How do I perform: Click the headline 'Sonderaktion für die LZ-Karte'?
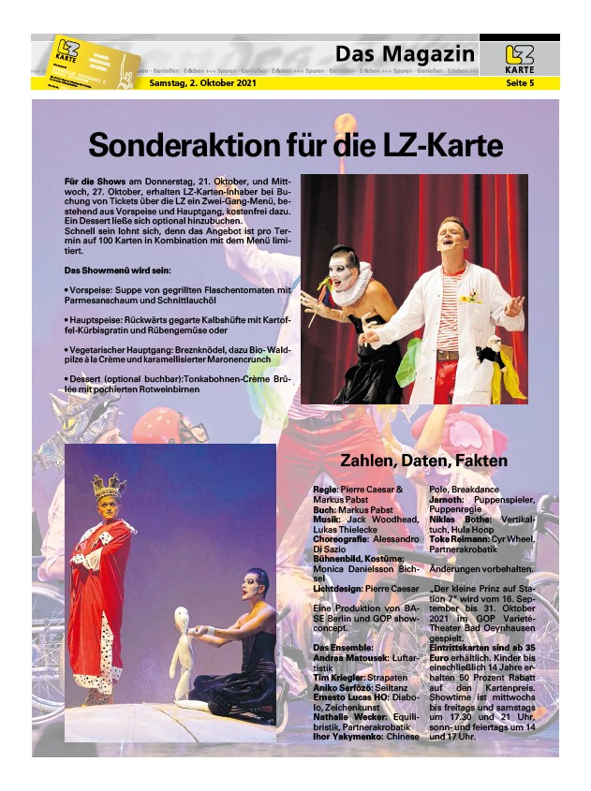pyautogui.click(x=295, y=145)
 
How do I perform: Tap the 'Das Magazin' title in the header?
pyautogui.click(x=405, y=53)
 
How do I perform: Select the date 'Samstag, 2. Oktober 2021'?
pyautogui.click(x=203, y=83)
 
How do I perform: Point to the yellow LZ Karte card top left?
pyautogui.click(x=94, y=60)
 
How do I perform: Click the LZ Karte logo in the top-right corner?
pyautogui.click(x=519, y=58)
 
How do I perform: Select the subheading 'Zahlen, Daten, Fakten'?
pyautogui.click(x=423, y=461)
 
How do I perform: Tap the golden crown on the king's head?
pyautogui.click(x=108, y=485)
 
